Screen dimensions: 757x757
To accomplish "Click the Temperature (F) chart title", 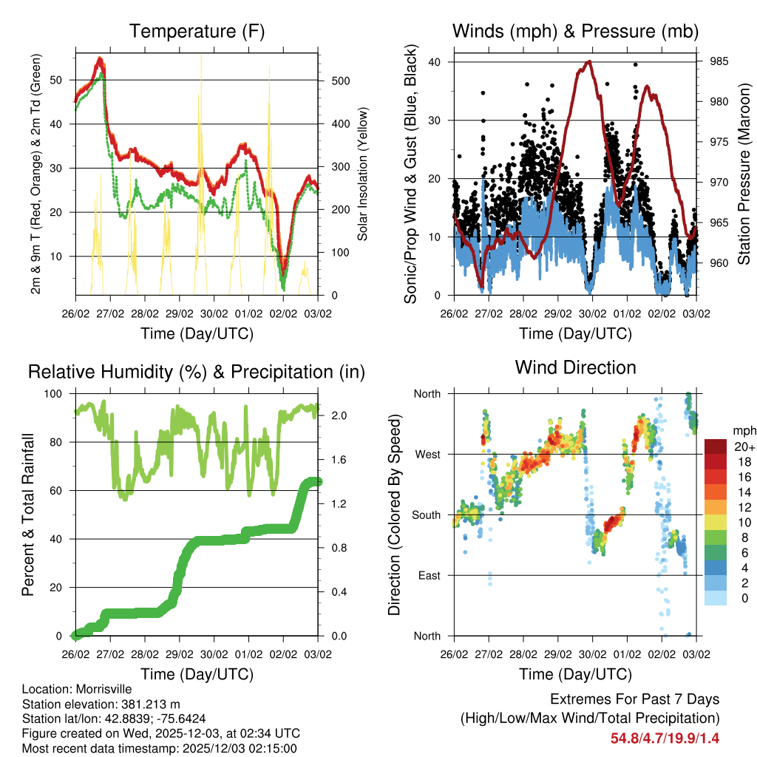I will [x=196, y=32].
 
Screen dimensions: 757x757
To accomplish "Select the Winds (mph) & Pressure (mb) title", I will [x=576, y=32].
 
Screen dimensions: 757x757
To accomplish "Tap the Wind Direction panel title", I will [x=575, y=367].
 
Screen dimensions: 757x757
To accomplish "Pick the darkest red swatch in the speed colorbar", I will [x=715, y=447].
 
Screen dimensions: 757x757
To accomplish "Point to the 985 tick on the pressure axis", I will [x=719, y=61].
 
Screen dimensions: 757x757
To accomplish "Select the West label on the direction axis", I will [x=427, y=454].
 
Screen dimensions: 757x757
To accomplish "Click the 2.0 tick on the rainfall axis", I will [x=333, y=416].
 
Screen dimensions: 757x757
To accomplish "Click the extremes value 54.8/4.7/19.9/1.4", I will [x=665, y=738].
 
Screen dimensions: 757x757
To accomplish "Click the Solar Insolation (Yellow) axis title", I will [x=362, y=174].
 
